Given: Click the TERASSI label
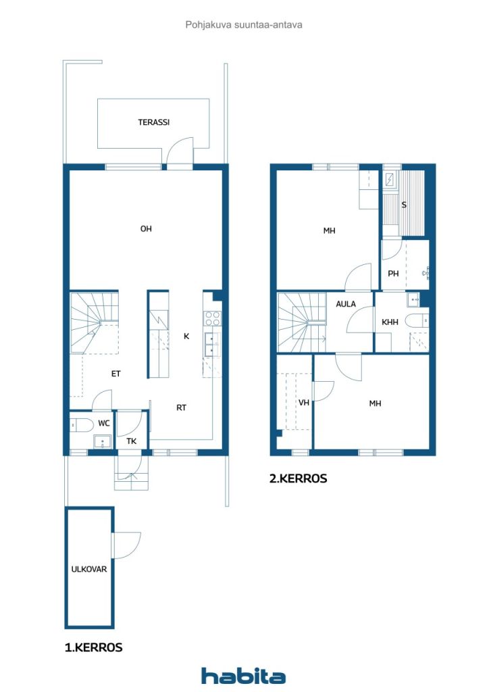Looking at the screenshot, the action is coord(153,122).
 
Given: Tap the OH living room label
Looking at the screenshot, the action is coord(146,228).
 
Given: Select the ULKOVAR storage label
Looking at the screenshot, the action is coord(89,569).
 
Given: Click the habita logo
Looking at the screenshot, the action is coord(243,676).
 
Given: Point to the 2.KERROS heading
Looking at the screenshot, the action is coord(298,478).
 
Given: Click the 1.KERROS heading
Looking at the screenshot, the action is coord(93,647).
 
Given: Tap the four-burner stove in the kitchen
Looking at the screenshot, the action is coord(213,319).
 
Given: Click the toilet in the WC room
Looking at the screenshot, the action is coord(81,425).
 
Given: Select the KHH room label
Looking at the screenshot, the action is coord(390,322).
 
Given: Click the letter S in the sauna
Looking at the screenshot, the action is coord(403,205).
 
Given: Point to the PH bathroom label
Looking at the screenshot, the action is coord(393,274).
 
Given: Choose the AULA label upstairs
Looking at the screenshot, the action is coord(346,304).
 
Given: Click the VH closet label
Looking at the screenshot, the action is coord(304,403).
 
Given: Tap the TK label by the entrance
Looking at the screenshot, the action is coord(132,441).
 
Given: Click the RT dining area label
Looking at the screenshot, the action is coord(181,407).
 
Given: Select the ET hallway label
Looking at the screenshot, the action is coord(115,374).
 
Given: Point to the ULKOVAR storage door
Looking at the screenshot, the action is coord(127,545).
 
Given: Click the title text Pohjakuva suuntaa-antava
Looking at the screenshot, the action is coord(244,25).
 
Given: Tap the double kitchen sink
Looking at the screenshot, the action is coord(213,345).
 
